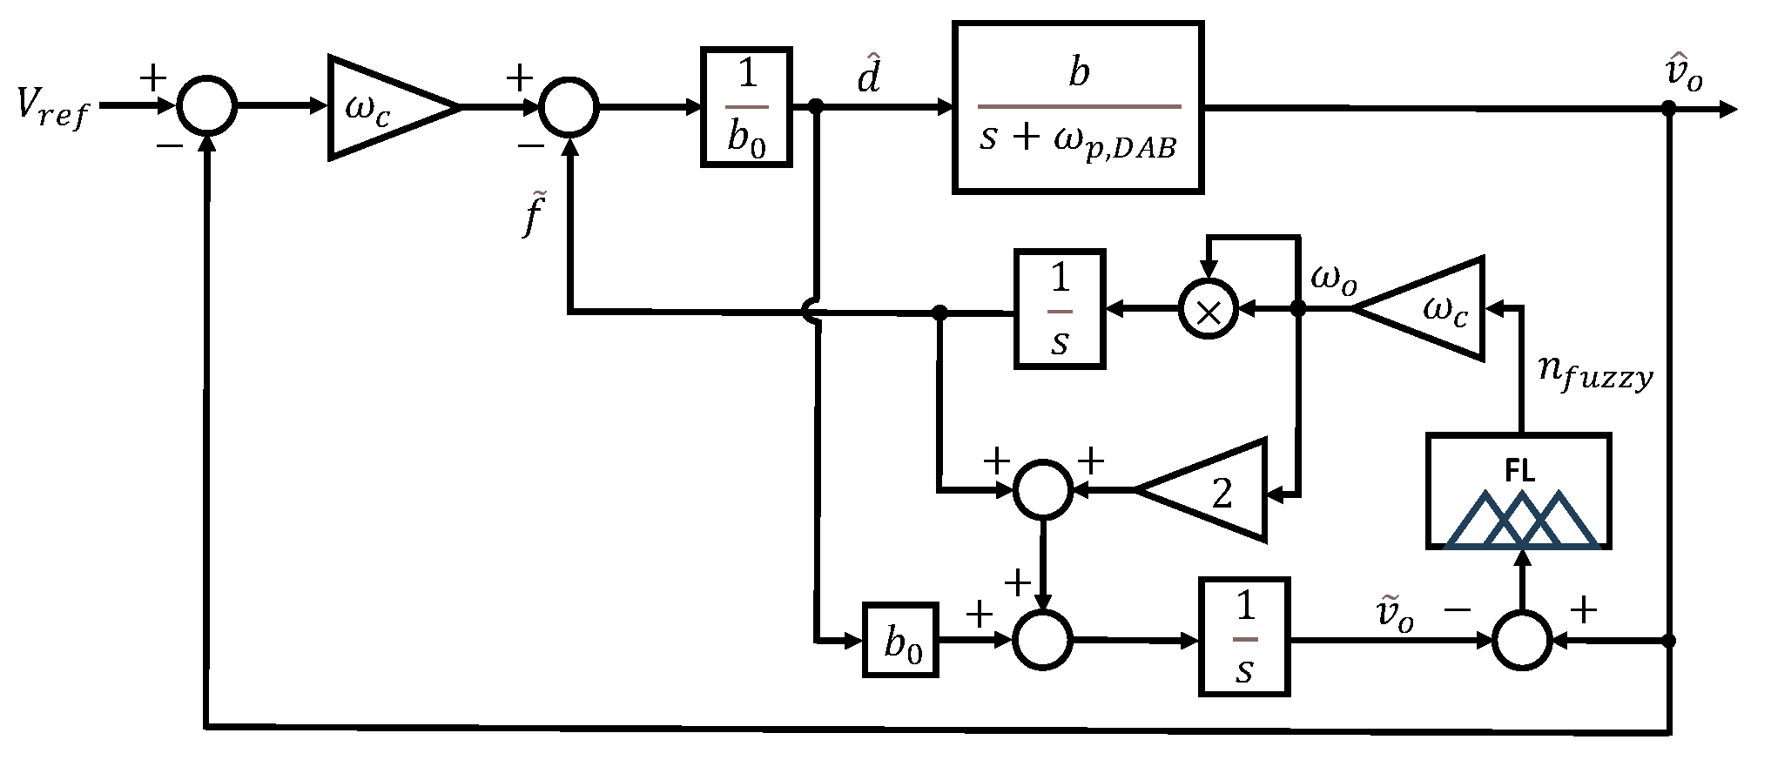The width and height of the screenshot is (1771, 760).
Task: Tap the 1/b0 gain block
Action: coord(746,107)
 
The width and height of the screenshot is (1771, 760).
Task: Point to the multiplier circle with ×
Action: coord(1208,309)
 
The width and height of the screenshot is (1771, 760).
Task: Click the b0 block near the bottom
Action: coord(901,640)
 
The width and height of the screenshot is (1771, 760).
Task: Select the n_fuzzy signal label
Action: coord(1595,374)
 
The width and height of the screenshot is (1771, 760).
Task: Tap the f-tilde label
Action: coord(533,217)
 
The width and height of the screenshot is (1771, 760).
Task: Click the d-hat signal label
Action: coord(868,77)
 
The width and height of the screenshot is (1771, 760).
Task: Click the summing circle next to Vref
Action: coord(206,107)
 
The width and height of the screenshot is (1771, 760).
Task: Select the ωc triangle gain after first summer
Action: coord(383,108)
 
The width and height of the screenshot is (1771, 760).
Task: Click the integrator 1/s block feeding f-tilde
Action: coord(1060,309)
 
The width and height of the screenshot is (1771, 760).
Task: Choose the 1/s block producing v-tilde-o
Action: coord(1244,636)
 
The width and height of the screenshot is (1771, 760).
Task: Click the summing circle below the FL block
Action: coord(1522,640)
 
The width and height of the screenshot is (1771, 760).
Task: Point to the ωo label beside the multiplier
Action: coord(1333,280)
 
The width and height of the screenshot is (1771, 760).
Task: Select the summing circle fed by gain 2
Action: coord(1043,490)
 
